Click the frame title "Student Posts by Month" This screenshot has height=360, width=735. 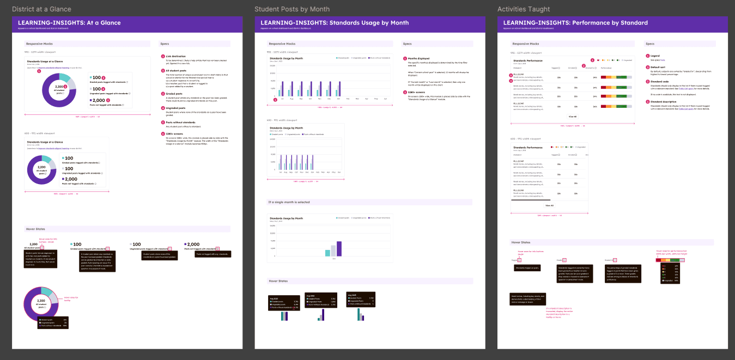[291, 9]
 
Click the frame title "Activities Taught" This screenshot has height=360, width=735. [523, 9]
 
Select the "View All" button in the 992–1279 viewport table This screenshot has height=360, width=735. [572, 117]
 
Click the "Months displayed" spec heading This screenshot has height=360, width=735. [418, 58]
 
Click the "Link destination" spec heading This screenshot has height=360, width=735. [177, 56]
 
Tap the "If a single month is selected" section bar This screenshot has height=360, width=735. [289, 202]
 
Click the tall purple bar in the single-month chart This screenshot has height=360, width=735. [339, 248]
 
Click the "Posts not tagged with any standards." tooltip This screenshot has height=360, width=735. [213, 254]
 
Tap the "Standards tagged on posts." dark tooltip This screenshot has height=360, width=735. [527, 268]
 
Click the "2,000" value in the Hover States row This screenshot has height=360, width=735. [193, 245]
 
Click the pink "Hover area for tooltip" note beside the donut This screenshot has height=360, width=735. [71, 298]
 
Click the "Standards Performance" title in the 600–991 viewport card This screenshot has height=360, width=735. [527, 148]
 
